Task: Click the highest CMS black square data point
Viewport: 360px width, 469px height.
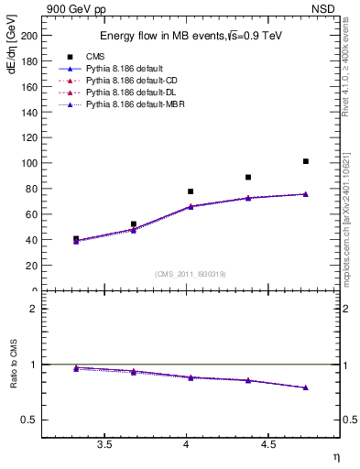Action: tap(305, 161)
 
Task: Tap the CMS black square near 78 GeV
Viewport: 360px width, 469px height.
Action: tap(191, 191)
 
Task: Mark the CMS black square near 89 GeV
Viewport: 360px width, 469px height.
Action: tap(248, 177)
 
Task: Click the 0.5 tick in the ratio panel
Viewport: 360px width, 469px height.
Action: tap(29, 420)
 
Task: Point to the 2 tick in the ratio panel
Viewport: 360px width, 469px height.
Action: tap(33, 309)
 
